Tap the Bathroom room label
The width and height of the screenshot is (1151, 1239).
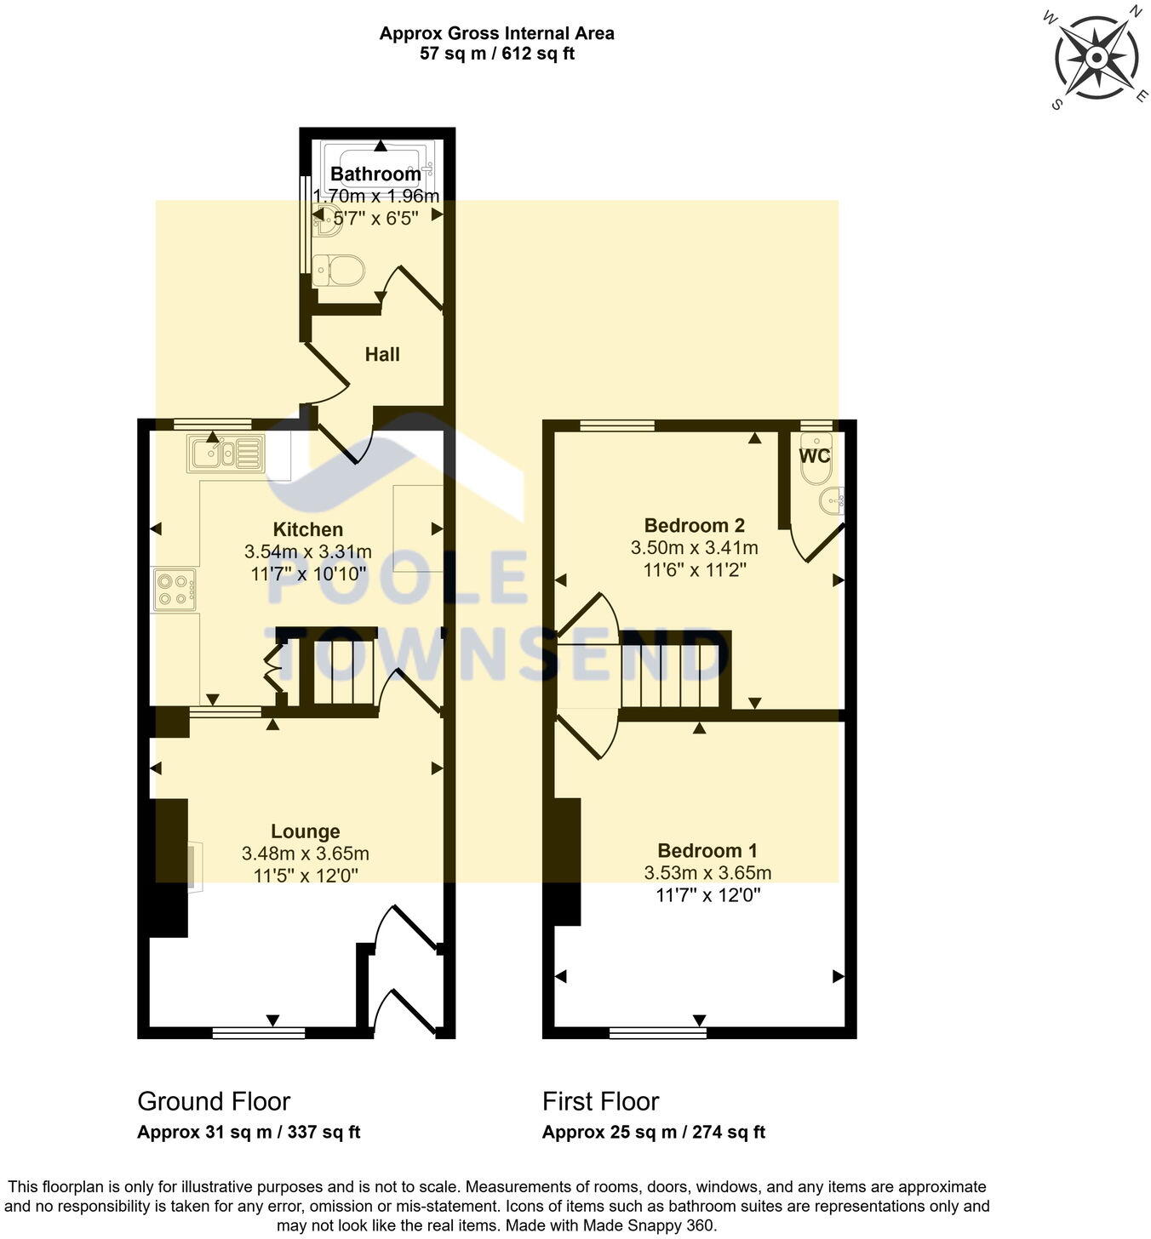tap(375, 174)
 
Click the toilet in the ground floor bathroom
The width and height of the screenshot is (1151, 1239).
tap(338, 271)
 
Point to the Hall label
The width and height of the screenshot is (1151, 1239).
tap(382, 354)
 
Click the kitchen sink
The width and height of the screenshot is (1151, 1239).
tap(226, 453)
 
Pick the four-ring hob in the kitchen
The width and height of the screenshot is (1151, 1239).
tap(175, 590)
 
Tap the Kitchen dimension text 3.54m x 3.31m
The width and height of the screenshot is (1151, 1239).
tap(308, 551)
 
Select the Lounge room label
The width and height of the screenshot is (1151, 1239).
tap(306, 831)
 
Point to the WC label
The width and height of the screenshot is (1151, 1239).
tap(815, 456)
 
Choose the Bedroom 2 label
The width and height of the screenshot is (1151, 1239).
tap(695, 525)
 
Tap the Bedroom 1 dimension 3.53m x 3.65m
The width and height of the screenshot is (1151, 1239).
tap(707, 873)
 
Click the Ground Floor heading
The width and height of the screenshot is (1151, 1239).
tap(214, 1101)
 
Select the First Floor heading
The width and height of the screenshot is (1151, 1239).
tap(600, 1101)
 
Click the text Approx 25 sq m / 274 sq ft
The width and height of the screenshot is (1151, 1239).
tap(653, 1133)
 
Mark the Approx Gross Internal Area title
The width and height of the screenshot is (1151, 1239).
tap(496, 34)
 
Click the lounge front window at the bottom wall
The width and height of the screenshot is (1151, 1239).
tap(259, 1032)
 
